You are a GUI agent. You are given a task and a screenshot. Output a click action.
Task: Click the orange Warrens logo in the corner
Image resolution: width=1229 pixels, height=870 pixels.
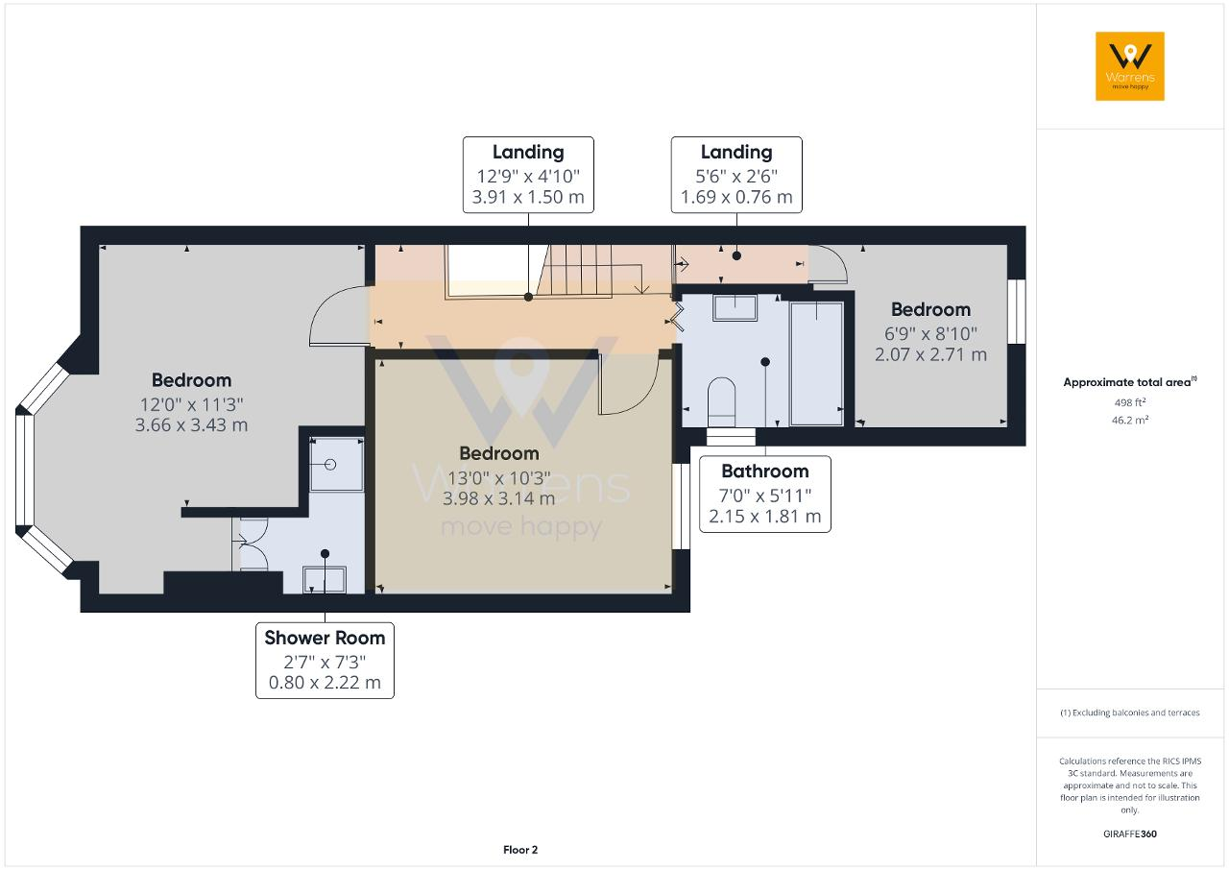point(1130,66)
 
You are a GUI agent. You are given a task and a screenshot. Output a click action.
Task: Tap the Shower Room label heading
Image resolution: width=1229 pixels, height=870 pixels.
point(325,638)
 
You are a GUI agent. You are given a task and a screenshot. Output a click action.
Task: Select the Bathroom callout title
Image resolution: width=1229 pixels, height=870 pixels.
point(765,471)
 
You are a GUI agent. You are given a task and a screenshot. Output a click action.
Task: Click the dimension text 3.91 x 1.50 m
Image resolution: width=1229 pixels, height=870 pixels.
point(528,197)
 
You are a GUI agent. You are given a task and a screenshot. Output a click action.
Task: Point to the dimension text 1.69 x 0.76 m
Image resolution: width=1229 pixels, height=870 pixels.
point(736,197)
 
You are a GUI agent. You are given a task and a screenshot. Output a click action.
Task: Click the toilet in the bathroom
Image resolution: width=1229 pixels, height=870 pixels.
point(721,401)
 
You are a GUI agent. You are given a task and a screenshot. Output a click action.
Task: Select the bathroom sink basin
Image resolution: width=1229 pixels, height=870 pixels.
point(735,307)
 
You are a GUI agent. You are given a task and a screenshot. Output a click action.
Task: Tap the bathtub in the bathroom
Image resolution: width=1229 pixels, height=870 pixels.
point(816,363)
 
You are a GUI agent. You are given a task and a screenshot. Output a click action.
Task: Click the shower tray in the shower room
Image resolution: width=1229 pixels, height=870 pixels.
point(336,464)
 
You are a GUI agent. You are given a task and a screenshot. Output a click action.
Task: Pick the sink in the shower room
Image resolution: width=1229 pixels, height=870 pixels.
point(325,580)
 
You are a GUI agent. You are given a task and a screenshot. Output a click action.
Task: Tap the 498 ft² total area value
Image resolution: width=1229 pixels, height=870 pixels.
point(1130,402)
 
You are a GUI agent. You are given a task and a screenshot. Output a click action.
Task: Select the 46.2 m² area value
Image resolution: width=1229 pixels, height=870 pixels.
point(1130,421)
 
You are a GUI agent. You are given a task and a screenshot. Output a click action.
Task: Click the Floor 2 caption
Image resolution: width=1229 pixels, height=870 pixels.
point(520,850)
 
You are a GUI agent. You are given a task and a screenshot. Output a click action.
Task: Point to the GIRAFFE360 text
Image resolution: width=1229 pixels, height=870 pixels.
point(1130,834)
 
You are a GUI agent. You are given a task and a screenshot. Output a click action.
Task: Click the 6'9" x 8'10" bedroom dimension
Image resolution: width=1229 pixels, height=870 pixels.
point(930,333)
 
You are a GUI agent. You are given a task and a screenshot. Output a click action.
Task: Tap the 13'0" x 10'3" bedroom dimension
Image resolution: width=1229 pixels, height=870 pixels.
point(498,478)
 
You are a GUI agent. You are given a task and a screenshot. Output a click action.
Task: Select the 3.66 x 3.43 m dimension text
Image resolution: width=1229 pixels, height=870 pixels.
point(191,425)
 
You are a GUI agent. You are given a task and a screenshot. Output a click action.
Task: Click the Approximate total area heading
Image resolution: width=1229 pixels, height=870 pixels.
point(1130,382)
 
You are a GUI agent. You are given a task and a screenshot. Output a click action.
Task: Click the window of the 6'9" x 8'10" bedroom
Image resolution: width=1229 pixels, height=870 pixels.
point(1017,311)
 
